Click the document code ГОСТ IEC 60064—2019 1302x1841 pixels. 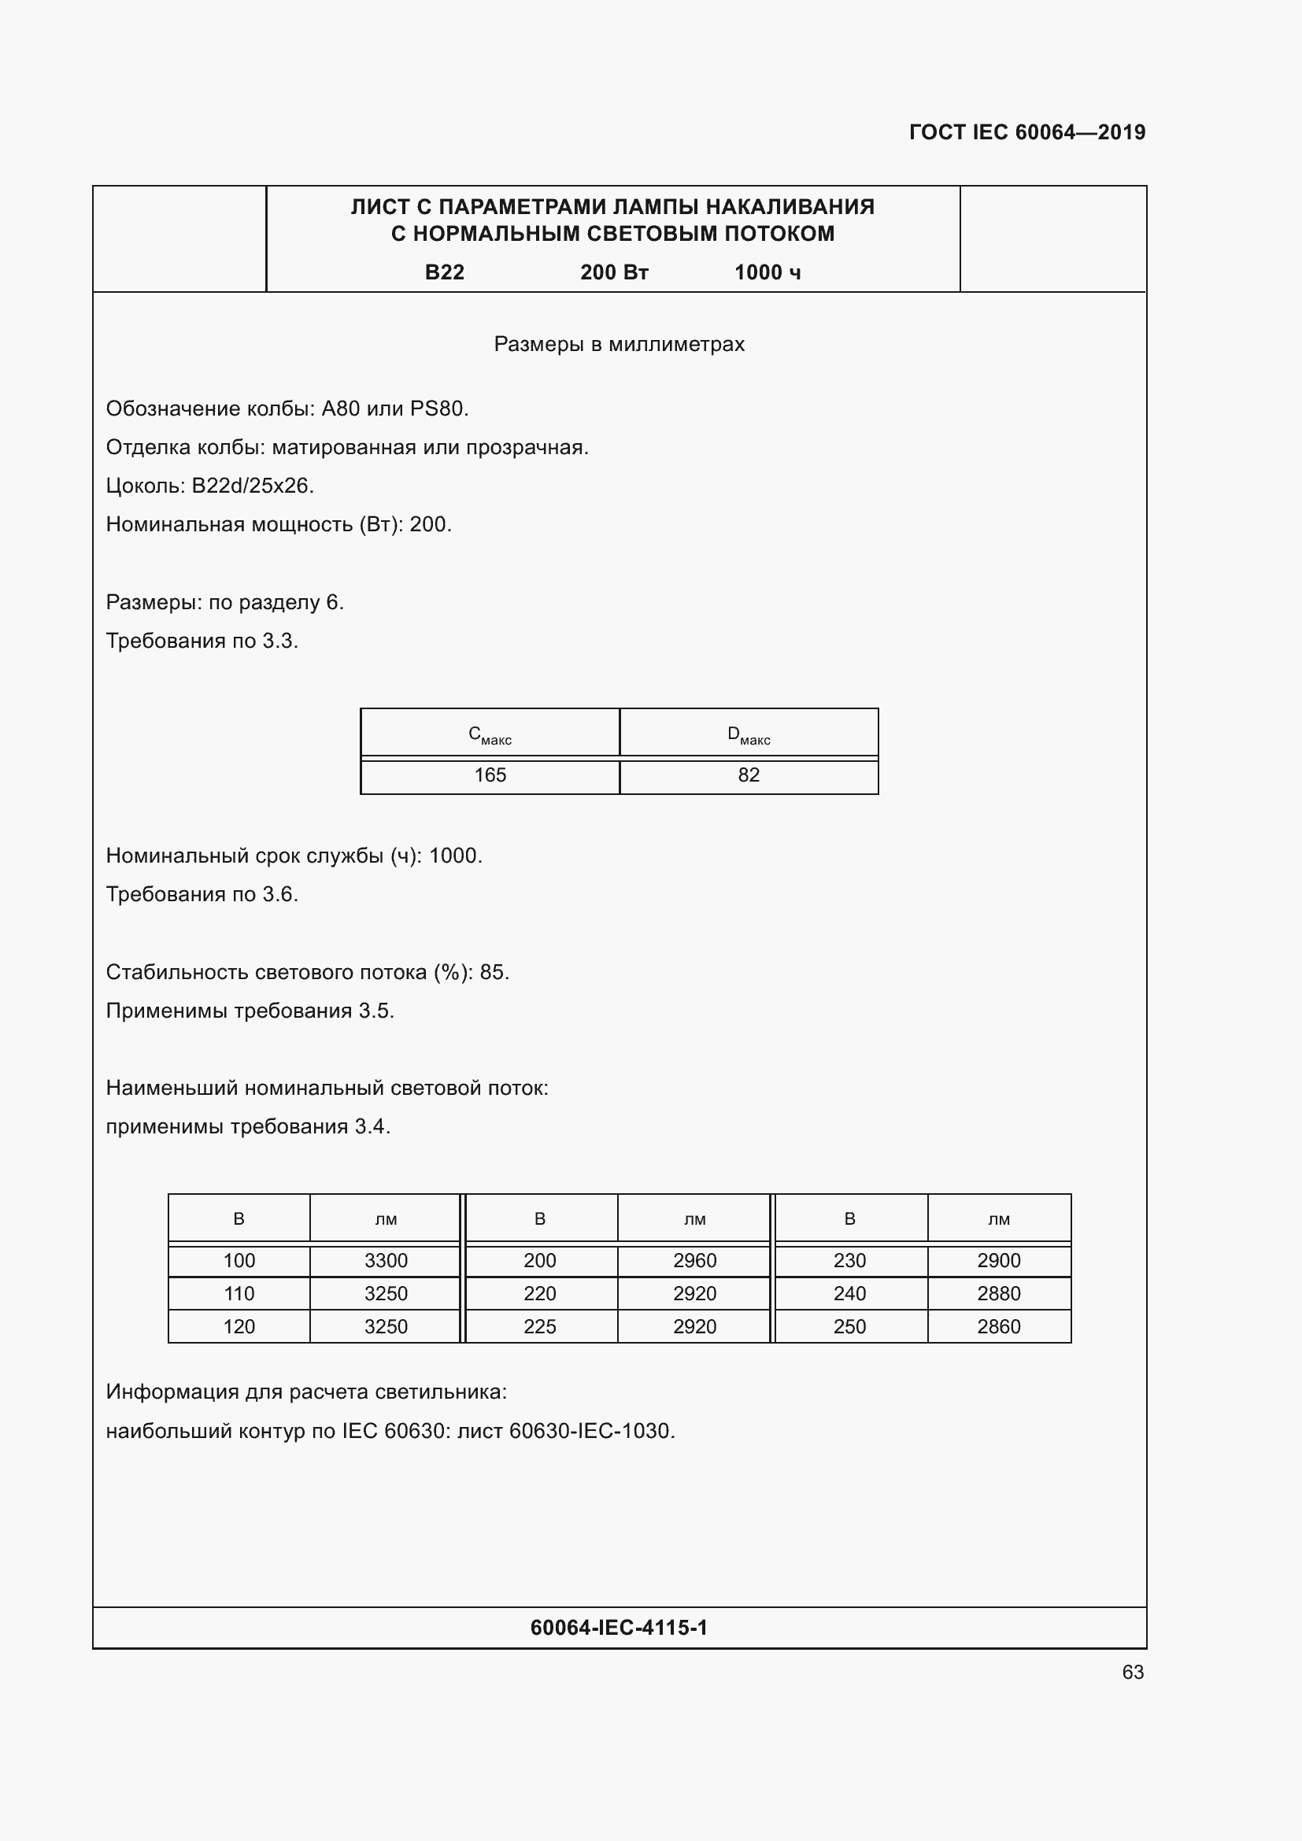(x=1027, y=132)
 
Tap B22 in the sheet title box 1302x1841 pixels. (x=444, y=272)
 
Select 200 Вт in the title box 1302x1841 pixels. (x=614, y=272)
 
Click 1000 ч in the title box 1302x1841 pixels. (x=768, y=272)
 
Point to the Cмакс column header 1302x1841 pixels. (x=490, y=734)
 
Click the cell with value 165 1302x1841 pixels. (x=490, y=775)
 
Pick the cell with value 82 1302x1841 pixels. (x=749, y=775)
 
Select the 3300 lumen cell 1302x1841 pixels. (x=386, y=1260)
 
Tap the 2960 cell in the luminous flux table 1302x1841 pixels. (x=694, y=1260)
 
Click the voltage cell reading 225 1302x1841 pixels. (x=539, y=1326)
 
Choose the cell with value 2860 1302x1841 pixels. (x=998, y=1326)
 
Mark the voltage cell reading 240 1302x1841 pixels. (x=849, y=1293)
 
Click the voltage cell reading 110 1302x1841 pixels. (x=239, y=1293)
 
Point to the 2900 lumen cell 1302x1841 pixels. (x=998, y=1260)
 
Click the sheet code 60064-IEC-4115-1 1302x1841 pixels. (x=619, y=1628)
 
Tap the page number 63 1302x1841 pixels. (x=1132, y=1672)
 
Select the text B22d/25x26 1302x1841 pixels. (x=252, y=486)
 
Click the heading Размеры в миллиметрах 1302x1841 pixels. (x=619, y=345)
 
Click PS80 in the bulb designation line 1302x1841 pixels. (x=437, y=409)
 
